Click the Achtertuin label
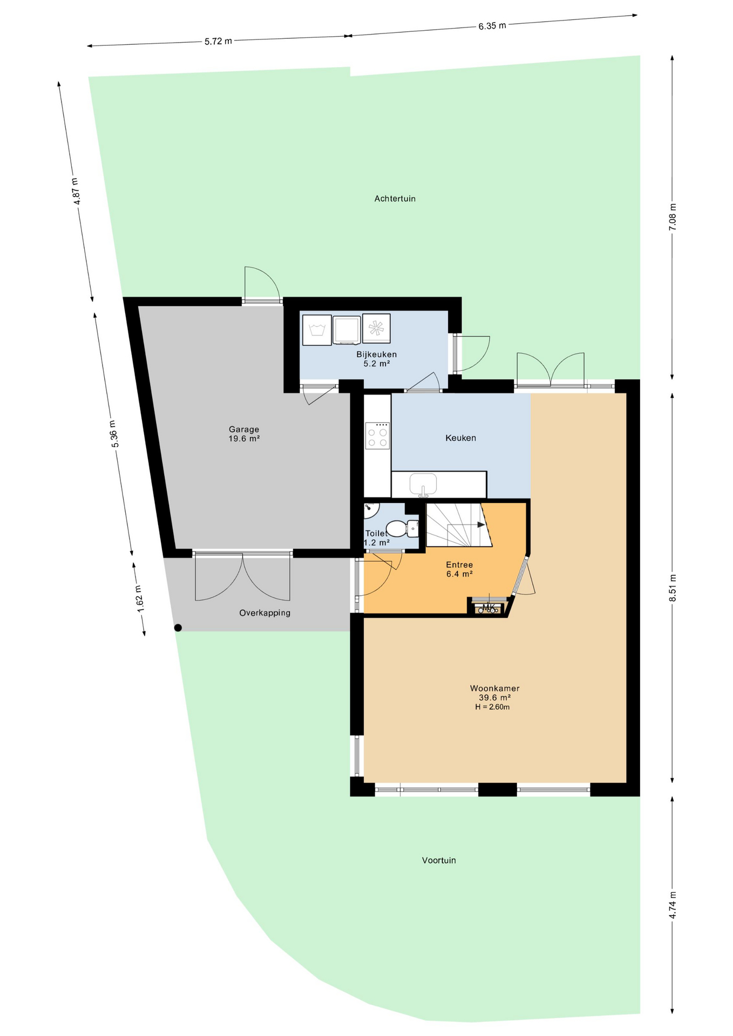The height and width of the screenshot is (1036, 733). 395,199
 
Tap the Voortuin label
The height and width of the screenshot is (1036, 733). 439,860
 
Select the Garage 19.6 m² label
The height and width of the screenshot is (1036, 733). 244,434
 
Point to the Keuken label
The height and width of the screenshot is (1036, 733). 460,438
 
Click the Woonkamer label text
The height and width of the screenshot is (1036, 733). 494,688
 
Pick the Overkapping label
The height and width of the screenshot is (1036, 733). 264,613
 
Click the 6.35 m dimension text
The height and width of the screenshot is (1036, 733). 492,25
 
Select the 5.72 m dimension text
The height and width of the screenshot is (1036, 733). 218,41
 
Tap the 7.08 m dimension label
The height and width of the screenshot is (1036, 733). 673,217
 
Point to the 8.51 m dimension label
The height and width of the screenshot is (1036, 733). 673,588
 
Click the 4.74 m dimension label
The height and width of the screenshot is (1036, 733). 673,905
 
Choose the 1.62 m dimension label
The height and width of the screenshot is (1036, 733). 139,598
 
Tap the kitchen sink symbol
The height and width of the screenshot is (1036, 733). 423,484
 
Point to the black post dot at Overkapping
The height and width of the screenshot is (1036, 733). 178,628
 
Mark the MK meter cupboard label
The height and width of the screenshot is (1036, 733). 488,608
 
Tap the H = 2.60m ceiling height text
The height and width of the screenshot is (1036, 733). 492,707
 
